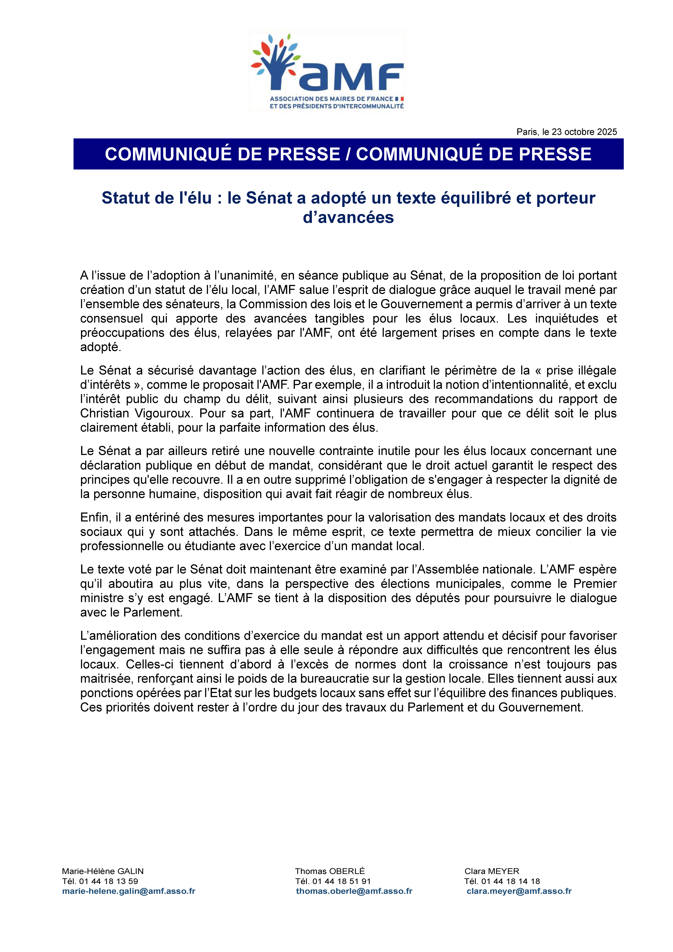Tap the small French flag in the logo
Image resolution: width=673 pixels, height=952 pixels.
(x=400, y=99)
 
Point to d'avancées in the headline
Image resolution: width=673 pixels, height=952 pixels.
(x=348, y=217)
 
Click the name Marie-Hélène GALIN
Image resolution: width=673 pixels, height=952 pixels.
(x=102, y=871)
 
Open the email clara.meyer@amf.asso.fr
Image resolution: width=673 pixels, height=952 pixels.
(x=519, y=891)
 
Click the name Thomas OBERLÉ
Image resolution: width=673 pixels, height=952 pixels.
(x=330, y=871)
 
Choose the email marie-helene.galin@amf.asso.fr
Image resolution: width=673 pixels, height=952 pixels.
(x=129, y=891)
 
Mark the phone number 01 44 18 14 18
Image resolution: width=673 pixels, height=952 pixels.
(x=510, y=881)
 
